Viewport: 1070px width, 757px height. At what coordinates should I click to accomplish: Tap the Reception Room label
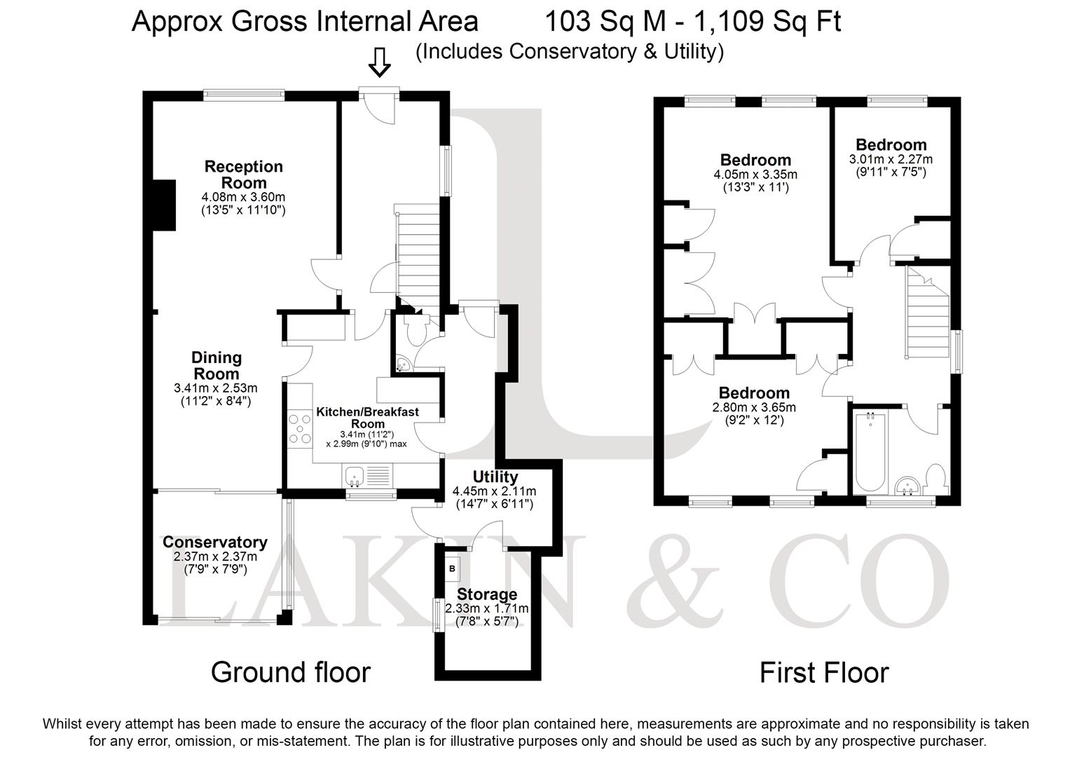tap(244, 175)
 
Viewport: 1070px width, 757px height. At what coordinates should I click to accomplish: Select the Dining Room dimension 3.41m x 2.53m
tap(215, 388)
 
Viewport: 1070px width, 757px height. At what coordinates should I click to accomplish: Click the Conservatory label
tap(215, 542)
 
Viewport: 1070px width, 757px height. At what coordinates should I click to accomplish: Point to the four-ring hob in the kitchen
tap(299, 429)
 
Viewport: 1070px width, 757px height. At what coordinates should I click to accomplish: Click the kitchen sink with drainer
tap(367, 476)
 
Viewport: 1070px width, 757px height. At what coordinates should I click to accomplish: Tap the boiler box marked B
tap(453, 569)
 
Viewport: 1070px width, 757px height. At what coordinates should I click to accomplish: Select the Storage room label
tap(487, 594)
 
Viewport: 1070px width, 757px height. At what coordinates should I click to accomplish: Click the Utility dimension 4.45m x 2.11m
tap(495, 491)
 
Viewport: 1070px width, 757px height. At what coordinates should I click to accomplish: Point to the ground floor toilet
tap(416, 329)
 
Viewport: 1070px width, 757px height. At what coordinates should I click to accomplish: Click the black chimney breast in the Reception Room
tap(165, 205)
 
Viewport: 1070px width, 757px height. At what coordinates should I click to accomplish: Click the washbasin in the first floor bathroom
tap(907, 486)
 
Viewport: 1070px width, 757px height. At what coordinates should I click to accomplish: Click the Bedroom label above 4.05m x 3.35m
tap(755, 160)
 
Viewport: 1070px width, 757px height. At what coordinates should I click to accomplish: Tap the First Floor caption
tap(824, 672)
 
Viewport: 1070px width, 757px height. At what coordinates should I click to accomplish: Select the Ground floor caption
tap(290, 672)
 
